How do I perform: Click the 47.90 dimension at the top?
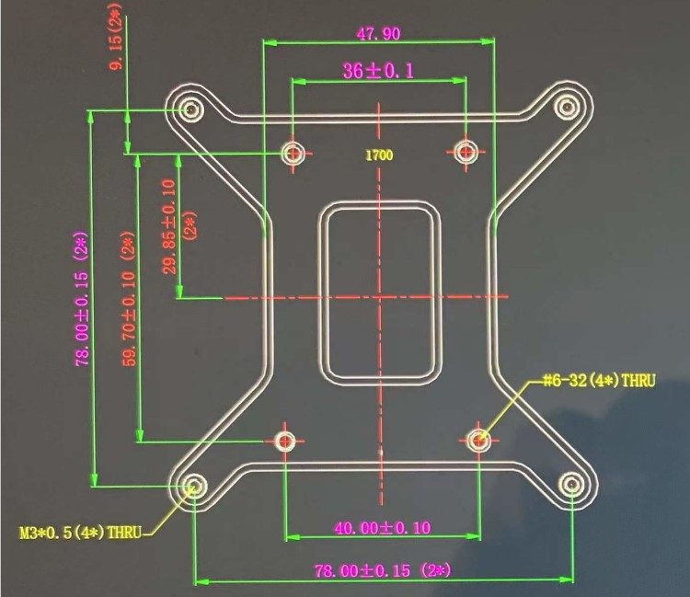pos(378,33)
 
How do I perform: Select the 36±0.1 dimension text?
pos(378,71)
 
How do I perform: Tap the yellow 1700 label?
pos(378,155)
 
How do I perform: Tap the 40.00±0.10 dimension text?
pos(383,528)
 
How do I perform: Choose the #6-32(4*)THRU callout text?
pos(599,380)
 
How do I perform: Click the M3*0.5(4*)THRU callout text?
pos(81,532)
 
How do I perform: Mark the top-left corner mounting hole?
pos(191,110)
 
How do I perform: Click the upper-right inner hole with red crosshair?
pos(466,151)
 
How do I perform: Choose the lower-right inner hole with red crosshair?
pos(478,441)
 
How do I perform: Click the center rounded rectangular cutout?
pos(378,292)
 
